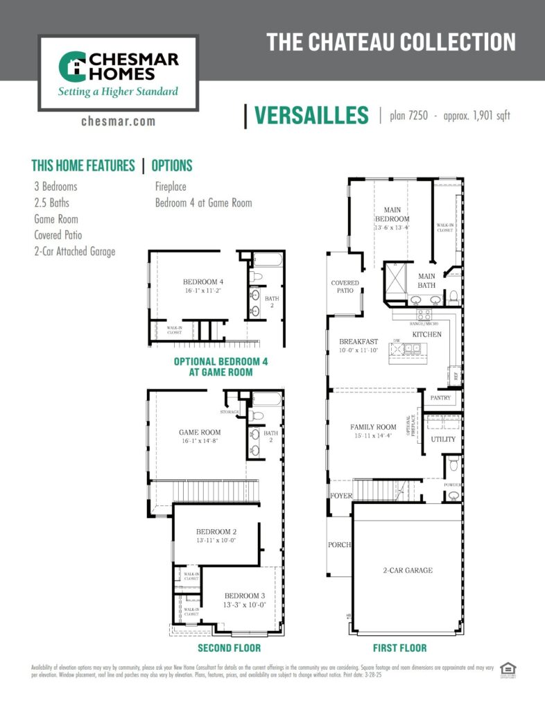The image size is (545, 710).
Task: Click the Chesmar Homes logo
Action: [x=118, y=72]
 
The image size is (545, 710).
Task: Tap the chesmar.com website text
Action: [x=118, y=121]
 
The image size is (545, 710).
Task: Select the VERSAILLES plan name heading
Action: [x=311, y=116]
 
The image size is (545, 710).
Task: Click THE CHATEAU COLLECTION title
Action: [x=391, y=42]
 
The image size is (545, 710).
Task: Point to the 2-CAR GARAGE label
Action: [x=408, y=571]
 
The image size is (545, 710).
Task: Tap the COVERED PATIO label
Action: [x=345, y=286]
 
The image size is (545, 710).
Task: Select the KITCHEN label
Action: [x=426, y=334]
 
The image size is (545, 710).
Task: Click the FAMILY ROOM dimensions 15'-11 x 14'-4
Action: [x=372, y=436]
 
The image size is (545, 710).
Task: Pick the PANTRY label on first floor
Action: [x=440, y=399]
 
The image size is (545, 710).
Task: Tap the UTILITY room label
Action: [x=443, y=439]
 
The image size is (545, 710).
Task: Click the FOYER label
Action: [x=341, y=496]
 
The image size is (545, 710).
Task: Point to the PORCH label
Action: [x=340, y=545]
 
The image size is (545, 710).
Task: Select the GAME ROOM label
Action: [x=200, y=432]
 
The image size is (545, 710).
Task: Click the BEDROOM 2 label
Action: [x=216, y=532]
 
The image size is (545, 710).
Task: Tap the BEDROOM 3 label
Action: [x=244, y=596]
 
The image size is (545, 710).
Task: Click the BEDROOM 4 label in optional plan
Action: [x=203, y=282]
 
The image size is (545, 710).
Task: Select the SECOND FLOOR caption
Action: [x=229, y=648]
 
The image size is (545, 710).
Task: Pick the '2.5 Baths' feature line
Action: [x=51, y=203]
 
